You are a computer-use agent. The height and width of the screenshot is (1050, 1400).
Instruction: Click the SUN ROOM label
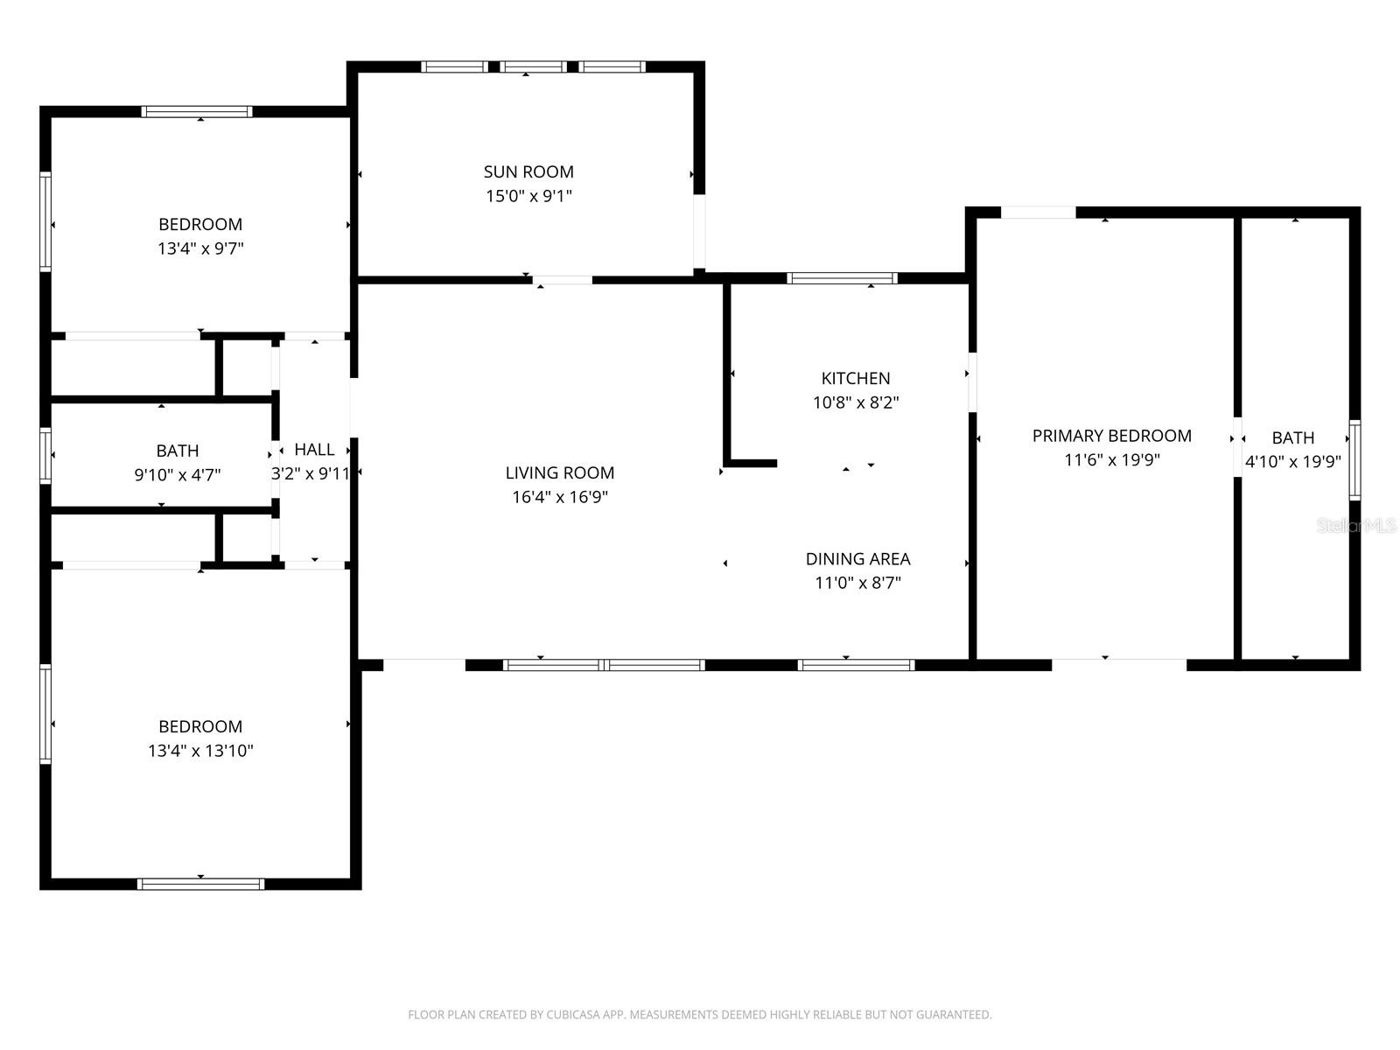[x=528, y=171]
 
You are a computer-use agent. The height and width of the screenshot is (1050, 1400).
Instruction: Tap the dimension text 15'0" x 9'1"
[x=528, y=196]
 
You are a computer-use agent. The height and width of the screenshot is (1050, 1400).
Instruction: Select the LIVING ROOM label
[x=560, y=472]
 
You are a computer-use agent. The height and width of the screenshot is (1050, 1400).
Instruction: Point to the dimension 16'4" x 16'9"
[x=560, y=497]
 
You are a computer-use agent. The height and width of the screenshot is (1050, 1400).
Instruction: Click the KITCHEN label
[x=856, y=378]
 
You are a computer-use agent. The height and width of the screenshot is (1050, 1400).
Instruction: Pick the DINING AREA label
[x=857, y=558]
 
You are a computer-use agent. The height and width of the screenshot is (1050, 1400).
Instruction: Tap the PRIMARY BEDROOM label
[x=1111, y=436]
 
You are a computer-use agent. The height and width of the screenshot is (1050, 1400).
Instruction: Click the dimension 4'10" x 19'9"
[x=1292, y=462]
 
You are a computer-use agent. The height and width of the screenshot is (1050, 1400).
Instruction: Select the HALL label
[x=314, y=450]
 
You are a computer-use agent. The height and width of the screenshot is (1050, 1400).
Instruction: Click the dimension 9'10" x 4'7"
[x=177, y=475]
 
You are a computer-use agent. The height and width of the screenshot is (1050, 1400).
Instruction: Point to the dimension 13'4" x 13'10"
[x=200, y=751]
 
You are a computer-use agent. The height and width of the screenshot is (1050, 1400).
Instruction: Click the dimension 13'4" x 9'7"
[x=200, y=248]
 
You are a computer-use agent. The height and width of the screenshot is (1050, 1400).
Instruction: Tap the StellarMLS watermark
[x=1355, y=526]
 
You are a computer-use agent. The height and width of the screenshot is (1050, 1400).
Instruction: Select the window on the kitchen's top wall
[x=842, y=278]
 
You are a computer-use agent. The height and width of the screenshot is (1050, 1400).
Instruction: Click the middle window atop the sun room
[x=533, y=66]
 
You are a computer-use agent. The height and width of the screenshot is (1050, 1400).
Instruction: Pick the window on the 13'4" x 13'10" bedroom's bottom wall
[x=200, y=884]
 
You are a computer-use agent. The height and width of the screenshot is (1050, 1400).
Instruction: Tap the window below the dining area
[x=856, y=665]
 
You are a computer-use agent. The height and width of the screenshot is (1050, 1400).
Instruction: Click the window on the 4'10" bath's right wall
[x=1354, y=460]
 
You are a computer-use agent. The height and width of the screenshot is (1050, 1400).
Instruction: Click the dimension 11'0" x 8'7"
[x=857, y=583]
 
